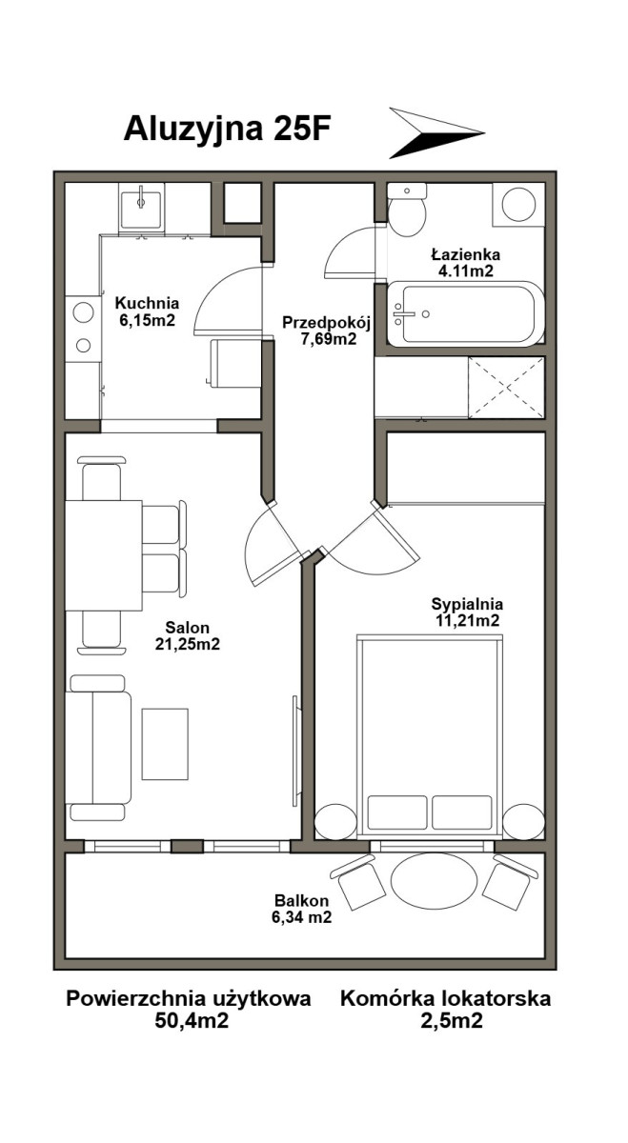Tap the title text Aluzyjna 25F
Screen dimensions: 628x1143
coord(227,130)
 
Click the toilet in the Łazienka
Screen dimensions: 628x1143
coord(406,211)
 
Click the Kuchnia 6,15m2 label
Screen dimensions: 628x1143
coord(147,311)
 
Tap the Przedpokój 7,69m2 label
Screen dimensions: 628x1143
coord(326,331)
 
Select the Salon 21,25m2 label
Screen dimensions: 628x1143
coord(187,635)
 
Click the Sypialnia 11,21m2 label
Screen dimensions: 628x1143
coord(467,612)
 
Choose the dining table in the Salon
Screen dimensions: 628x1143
coord(104,555)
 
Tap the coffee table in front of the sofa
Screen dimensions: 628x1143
coord(165,744)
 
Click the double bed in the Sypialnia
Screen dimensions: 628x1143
coord(430,736)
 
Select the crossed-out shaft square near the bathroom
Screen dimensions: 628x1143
coord(506,388)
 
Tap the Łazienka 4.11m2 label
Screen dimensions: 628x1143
coord(466,262)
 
